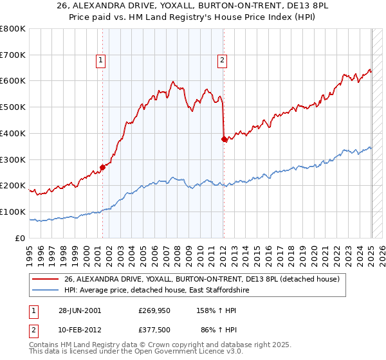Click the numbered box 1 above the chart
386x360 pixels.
click(x=102, y=61)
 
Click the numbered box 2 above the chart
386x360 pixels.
click(x=222, y=61)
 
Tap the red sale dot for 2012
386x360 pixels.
click(x=224, y=138)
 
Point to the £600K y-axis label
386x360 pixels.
click(x=13, y=81)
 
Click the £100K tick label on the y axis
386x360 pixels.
click(x=13, y=212)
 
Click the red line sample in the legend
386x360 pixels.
click(x=45, y=278)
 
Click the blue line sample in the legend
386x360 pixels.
click(x=45, y=291)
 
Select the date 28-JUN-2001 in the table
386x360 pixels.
click(x=79, y=310)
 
